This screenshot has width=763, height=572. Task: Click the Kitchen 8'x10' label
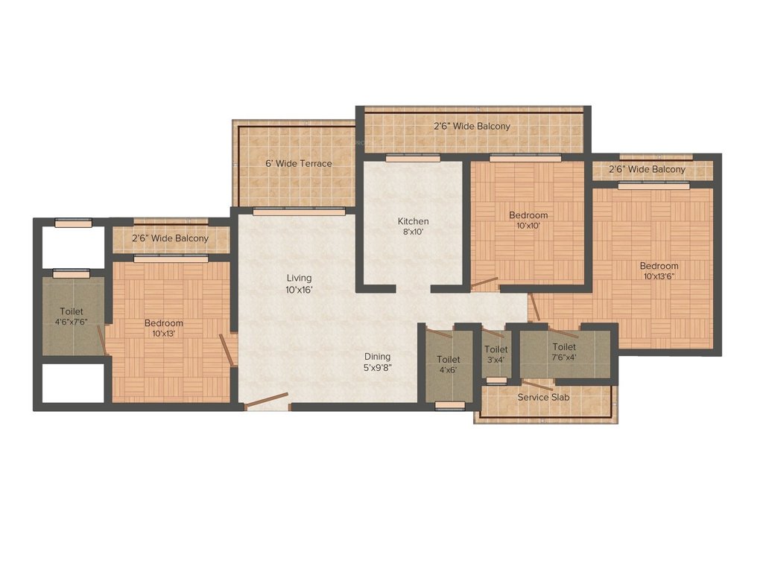413,226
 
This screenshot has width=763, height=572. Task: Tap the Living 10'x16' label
299,284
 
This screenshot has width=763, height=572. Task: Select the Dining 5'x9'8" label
377,361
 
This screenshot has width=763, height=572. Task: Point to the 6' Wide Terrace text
299,163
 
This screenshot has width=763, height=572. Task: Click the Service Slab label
543,398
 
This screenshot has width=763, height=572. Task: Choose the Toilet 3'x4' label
496,355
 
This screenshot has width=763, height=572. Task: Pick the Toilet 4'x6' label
449,365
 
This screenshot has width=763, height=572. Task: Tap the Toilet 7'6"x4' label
564,352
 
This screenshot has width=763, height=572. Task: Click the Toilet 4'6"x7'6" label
72,317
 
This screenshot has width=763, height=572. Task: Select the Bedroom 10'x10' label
528,220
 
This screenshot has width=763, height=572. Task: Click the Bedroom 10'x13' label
163,328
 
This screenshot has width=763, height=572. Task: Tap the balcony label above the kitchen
472,126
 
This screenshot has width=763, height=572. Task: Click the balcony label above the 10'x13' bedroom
170,238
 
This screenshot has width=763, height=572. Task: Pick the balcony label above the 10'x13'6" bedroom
647,169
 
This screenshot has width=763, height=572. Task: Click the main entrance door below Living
267,401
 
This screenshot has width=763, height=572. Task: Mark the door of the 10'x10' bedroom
484,284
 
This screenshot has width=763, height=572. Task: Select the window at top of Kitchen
412,158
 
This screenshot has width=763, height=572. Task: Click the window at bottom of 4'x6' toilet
449,405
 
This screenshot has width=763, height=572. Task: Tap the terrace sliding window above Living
299,212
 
